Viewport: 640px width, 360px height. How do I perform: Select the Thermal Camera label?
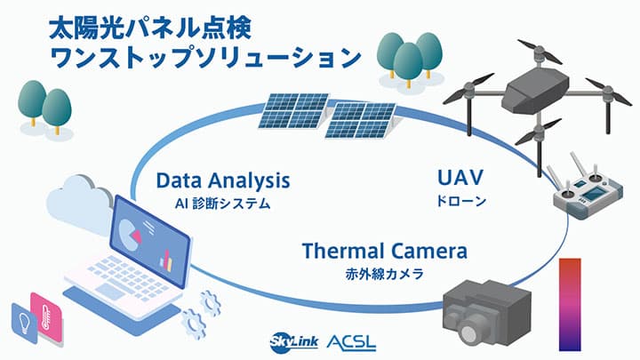click(384, 251)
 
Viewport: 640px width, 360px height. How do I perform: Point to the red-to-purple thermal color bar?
click(569, 303)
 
